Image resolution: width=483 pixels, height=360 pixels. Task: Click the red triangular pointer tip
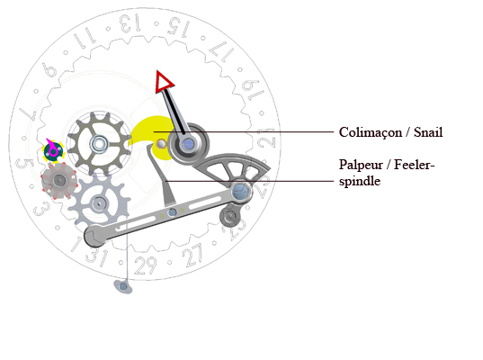click(x=164, y=82)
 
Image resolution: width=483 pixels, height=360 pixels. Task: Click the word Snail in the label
click(x=428, y=132)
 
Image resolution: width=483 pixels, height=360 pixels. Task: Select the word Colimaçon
click(x=371, y=133)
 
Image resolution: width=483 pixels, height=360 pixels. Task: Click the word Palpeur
click(x=361, y=166)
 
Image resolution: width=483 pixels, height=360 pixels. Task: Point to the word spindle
click(x=360, y=181)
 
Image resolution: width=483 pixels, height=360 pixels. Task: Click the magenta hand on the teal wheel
click(x=51, y=147)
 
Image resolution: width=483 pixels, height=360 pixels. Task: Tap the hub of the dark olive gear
click(x=99, y=144)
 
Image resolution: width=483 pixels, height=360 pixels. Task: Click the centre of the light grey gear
click(x=99, y=203)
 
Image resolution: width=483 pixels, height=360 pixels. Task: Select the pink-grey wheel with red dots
click(x=58, y=181)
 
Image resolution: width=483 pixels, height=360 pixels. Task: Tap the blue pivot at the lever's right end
click(x=240, y=192)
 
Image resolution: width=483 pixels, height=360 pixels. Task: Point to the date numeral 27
click(x=193, y=255)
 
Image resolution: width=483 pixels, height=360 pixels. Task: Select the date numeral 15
click(x=178, y=27)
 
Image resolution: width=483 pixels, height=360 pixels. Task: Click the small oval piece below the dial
click(x=123, y=286)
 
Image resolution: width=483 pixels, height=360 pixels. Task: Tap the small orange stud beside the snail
click(x=161, y=143)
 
